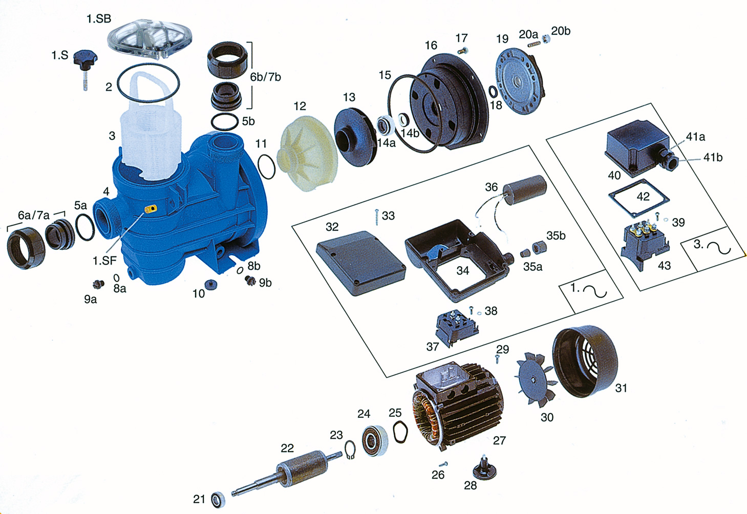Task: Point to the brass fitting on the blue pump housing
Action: click(151, 209)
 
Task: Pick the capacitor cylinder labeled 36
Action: click(524, 189)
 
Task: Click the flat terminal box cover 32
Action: click(361, 263)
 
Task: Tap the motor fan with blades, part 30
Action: click(536, 380)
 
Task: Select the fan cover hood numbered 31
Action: click(585, 361)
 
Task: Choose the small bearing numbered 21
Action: click(218, 500)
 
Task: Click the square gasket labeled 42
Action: click(638, 199)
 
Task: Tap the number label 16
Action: click(431, 46)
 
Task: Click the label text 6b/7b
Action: click(265, 77)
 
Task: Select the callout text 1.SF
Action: click(105, 261)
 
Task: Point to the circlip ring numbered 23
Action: click(350, 449)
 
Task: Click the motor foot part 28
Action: click(484, 467)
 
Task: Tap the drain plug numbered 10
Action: click(211, 285)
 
